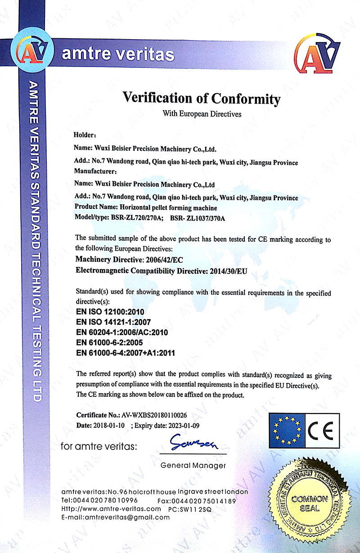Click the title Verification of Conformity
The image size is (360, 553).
(202, 98)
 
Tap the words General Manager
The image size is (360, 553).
(193, 465)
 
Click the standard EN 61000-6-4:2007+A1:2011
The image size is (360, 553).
(126, 353)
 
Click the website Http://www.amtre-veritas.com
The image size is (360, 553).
(111, 508)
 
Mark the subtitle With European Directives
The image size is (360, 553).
(202, 114)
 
